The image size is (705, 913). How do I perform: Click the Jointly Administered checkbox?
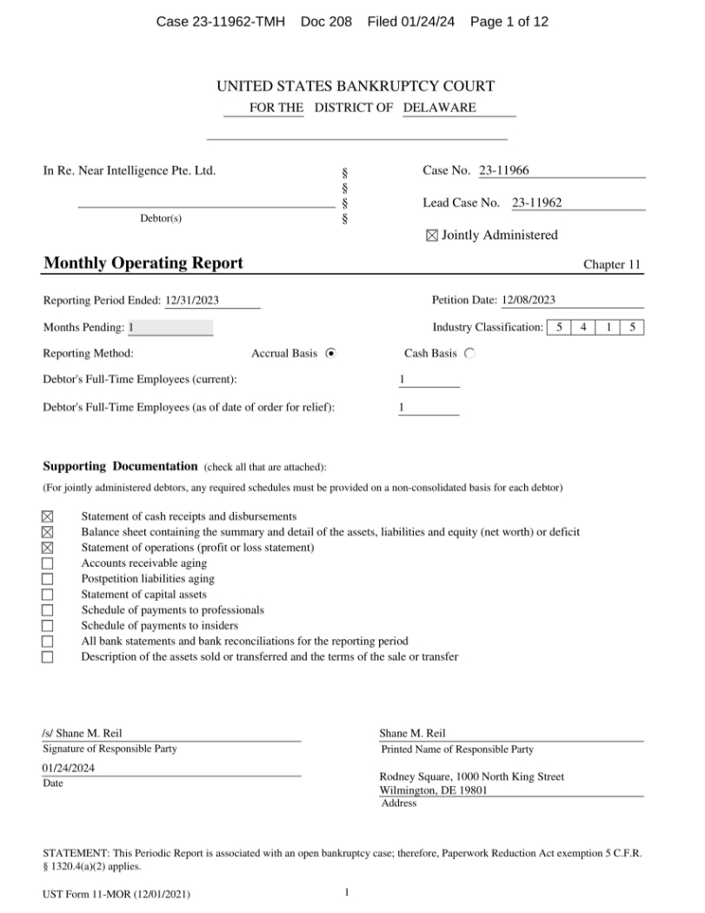click(x=432, y=236)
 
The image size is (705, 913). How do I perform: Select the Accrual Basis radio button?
click(x=330, y=354)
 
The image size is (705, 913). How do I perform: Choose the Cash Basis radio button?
click(x=470, y=354)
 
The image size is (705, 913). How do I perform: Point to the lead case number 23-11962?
click(x=536, y=203)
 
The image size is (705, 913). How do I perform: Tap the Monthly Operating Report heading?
click(x=143, y=263)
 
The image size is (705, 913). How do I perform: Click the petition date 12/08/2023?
click(x=529, y=301)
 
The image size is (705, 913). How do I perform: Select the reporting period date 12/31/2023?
click(x=192, y=301)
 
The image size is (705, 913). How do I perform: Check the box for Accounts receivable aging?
click(x=48, y=563)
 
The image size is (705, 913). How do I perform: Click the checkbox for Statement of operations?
click(x=48, y=548)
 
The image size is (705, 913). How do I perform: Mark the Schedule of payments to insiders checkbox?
click(x=48, y=626)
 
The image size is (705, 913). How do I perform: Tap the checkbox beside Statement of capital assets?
click(x=48, y=595)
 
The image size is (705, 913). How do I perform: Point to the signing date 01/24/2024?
click(x=69, y=768)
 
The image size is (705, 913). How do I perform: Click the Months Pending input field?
click(x=170, y=328)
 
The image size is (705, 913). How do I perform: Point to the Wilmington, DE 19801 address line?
click(x=433, y=790)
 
